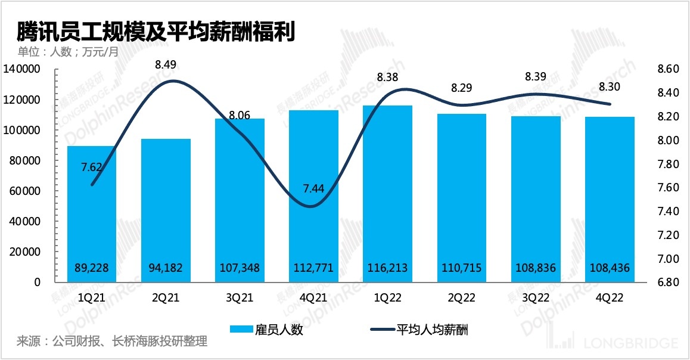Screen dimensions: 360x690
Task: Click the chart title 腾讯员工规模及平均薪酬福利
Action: (x=155, y=31)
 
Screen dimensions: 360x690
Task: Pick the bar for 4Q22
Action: (x=608, y=200)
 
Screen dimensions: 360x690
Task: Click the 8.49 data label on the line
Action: (x=166, y=64)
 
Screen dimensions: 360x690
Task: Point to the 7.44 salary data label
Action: (x=314, y=189)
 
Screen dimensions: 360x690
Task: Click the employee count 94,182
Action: (x=165, y=268)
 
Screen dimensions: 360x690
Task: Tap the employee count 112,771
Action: (x=313, y=268)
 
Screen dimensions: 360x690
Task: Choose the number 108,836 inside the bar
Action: (x=534, y=268)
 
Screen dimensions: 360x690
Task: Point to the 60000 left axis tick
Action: (x=24, y=191)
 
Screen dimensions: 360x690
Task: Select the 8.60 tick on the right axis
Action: (x=667, y=70)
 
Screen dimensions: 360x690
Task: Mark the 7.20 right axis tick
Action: (x=667, y=235)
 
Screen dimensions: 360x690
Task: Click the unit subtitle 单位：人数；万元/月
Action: (x=68, y=52)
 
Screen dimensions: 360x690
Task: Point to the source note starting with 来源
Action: (x=112, y=342)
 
